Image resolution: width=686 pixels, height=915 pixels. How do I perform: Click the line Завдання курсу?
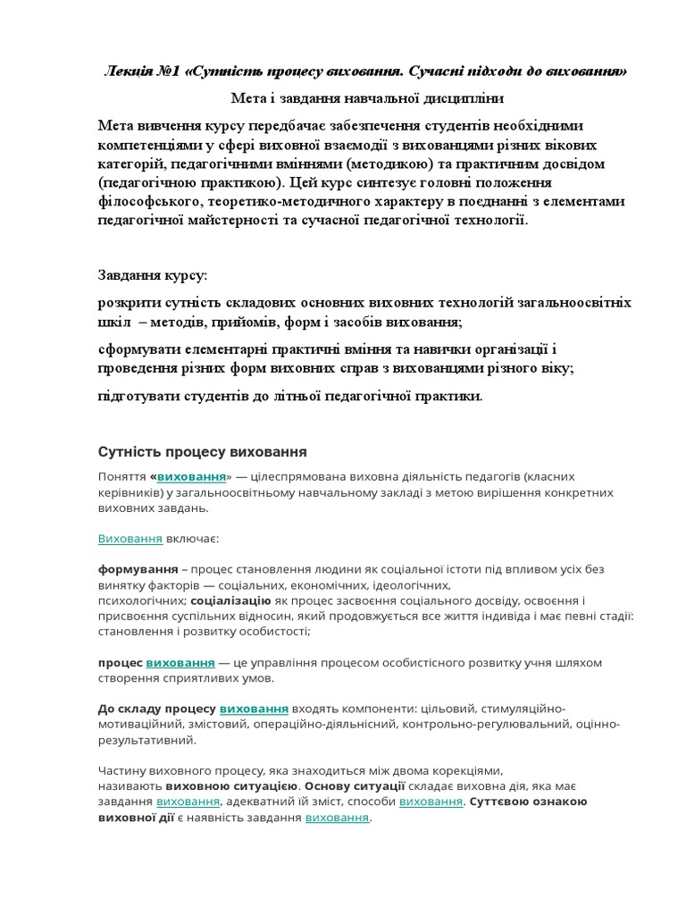[x=152, y=274]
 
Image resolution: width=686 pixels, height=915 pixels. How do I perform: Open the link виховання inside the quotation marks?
[x=191, y=477]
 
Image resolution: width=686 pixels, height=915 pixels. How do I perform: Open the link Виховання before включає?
[x=130, y=540]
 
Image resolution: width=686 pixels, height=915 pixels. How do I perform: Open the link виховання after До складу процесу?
[x=254, y=709]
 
